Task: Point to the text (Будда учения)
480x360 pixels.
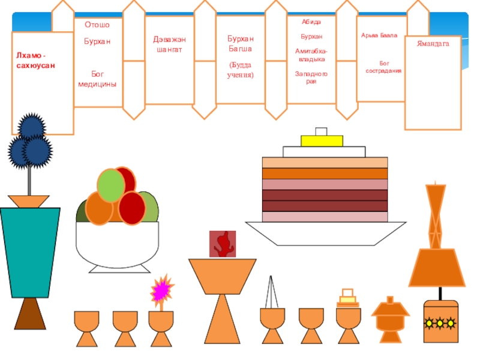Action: click(240, 69)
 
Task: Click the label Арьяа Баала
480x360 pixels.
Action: click(379, 36)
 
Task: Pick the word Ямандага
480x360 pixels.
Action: click(433, 44)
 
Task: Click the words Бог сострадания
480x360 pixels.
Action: click(383, 66)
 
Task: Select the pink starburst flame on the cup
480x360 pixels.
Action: click(160, 290)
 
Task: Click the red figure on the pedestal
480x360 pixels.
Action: click(223, 244)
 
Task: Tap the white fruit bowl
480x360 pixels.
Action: click(117, 246)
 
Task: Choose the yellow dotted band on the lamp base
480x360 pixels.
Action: click(441, 323)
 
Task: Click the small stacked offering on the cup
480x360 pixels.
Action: click(347, 298)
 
